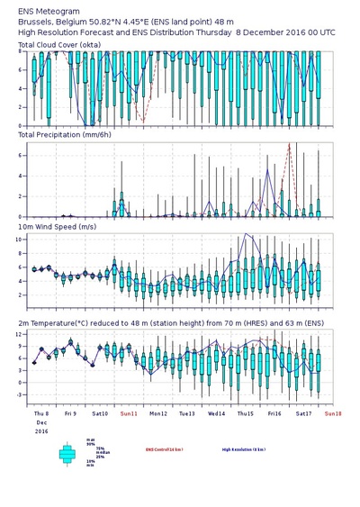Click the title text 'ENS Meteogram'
[x=42, y=8]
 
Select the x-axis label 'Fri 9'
[x=70, y=414]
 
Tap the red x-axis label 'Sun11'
[x=129, y=414]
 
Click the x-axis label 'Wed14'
[x=216, y=414]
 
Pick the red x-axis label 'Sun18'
[x=332, y=414]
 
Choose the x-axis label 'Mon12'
[x=157, y=414]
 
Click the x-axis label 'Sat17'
[x=303, y=414]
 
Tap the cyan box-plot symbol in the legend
[x=67, y=454]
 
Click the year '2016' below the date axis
[x=41, y=431]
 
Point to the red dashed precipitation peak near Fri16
[x=289, y=144]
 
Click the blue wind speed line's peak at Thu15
[x=246, y=235]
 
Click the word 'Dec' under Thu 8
[x=40, y=422]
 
